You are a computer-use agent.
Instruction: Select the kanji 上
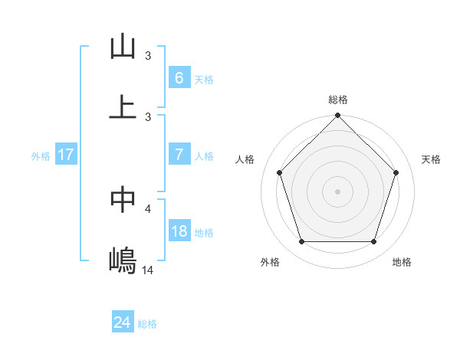(x=123, y=107)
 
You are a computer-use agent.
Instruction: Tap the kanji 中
(x=123, y=199)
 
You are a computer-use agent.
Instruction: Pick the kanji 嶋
(x=123, y=261)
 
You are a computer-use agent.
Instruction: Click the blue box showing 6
(x=179, y=77)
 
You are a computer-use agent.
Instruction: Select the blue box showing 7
(x=179, y=154)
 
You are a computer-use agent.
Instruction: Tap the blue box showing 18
(x=179, y=231)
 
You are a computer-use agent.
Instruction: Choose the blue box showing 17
(x=66, y=155)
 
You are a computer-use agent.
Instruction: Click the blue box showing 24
(x=122, y=322)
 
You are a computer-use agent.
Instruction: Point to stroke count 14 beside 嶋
(x=148, y=270)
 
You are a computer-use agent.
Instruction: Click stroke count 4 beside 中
(x=148, y=208)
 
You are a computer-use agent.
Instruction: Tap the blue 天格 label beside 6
(x=204, y=79)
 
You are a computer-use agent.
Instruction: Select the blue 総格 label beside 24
(x=147, y=324)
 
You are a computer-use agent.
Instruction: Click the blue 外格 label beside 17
(x=41, y=155)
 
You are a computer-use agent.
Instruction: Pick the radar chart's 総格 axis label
(x=338, y=100)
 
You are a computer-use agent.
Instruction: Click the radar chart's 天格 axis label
(x=432, y=159)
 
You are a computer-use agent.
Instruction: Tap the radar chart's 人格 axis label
(x=245, y=159)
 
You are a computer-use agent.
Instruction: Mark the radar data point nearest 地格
(x=374, y=241)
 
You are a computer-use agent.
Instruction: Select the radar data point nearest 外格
(x=301, y=241)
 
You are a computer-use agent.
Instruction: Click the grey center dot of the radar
(x=337, y=191)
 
